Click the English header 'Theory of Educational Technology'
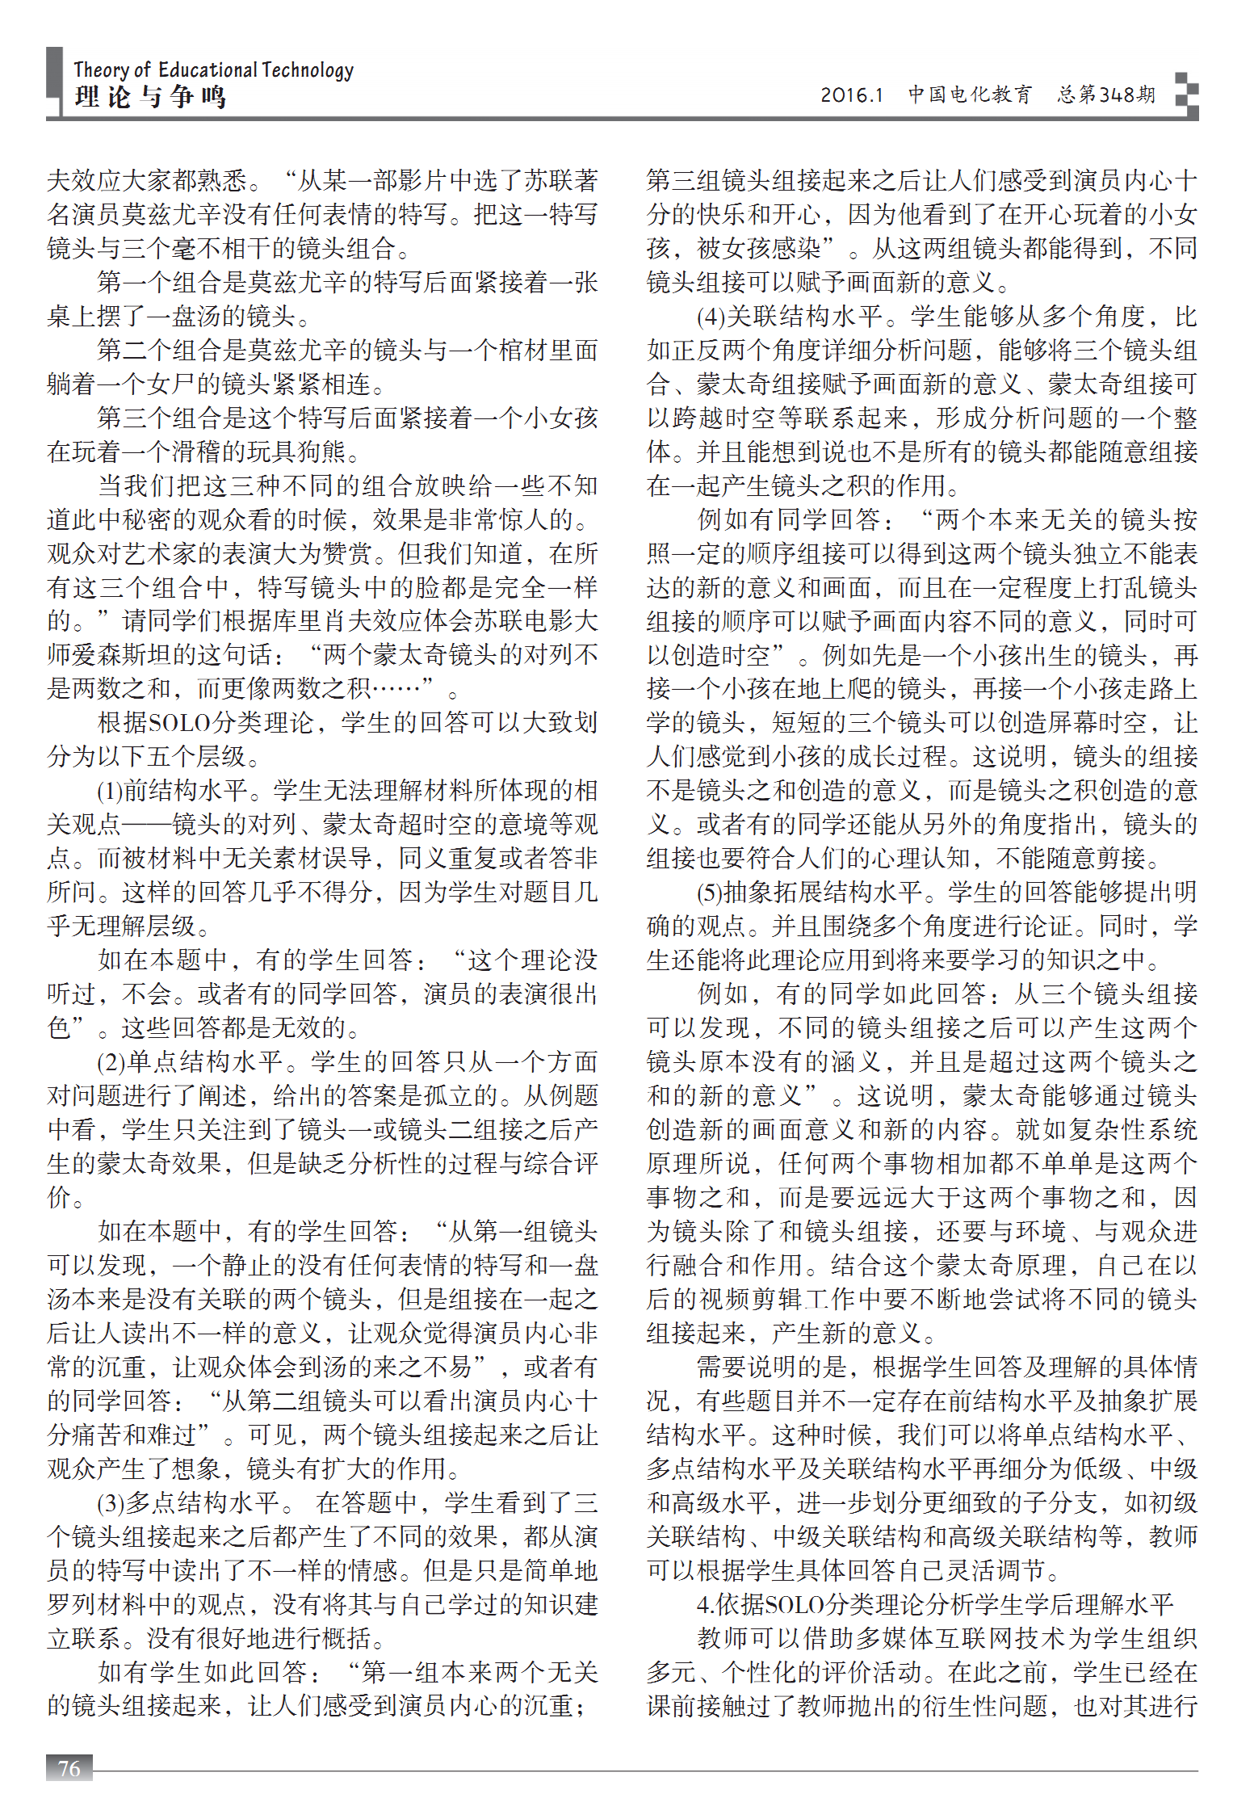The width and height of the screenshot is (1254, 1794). point(213,70)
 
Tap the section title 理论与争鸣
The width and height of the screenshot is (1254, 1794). point(150,98)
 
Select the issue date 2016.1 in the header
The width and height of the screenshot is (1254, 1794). point(852,95)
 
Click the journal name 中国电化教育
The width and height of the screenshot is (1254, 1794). point(970,95)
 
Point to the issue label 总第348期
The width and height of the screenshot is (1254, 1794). point(1106,95)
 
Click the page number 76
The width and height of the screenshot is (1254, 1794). point(69,1768)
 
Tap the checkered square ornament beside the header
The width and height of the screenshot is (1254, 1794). point(1185,95)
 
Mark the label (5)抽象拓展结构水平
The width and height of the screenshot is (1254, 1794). point(808,892)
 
